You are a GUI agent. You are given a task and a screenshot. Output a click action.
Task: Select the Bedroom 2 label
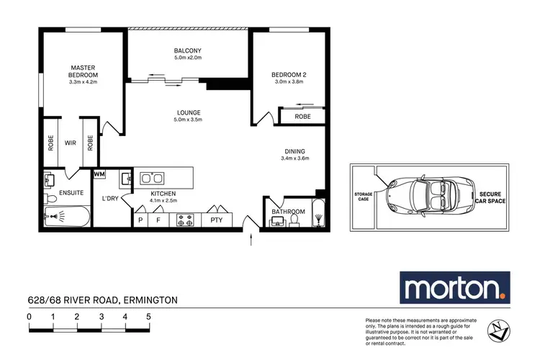click(x=289, y=74)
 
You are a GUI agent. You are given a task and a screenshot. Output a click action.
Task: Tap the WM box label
click(x=99, y=174)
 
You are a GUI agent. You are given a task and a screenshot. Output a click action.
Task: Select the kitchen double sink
click(x=151, y=177)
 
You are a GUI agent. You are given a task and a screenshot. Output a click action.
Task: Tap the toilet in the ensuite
click(x=50, y=197)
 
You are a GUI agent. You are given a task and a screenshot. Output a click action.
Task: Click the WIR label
click(x=71, y=143)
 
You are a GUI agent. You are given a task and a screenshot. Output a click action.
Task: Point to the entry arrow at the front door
click(x=251, y=240)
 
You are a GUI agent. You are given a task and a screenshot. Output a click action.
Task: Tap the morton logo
click(x=454, y=289)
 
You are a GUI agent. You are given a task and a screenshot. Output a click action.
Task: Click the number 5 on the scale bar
click(x=148, y=316)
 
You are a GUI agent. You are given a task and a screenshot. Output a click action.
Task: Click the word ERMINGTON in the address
click(x=150, y=300)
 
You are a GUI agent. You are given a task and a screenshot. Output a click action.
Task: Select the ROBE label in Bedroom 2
click(x=293, y=116)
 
